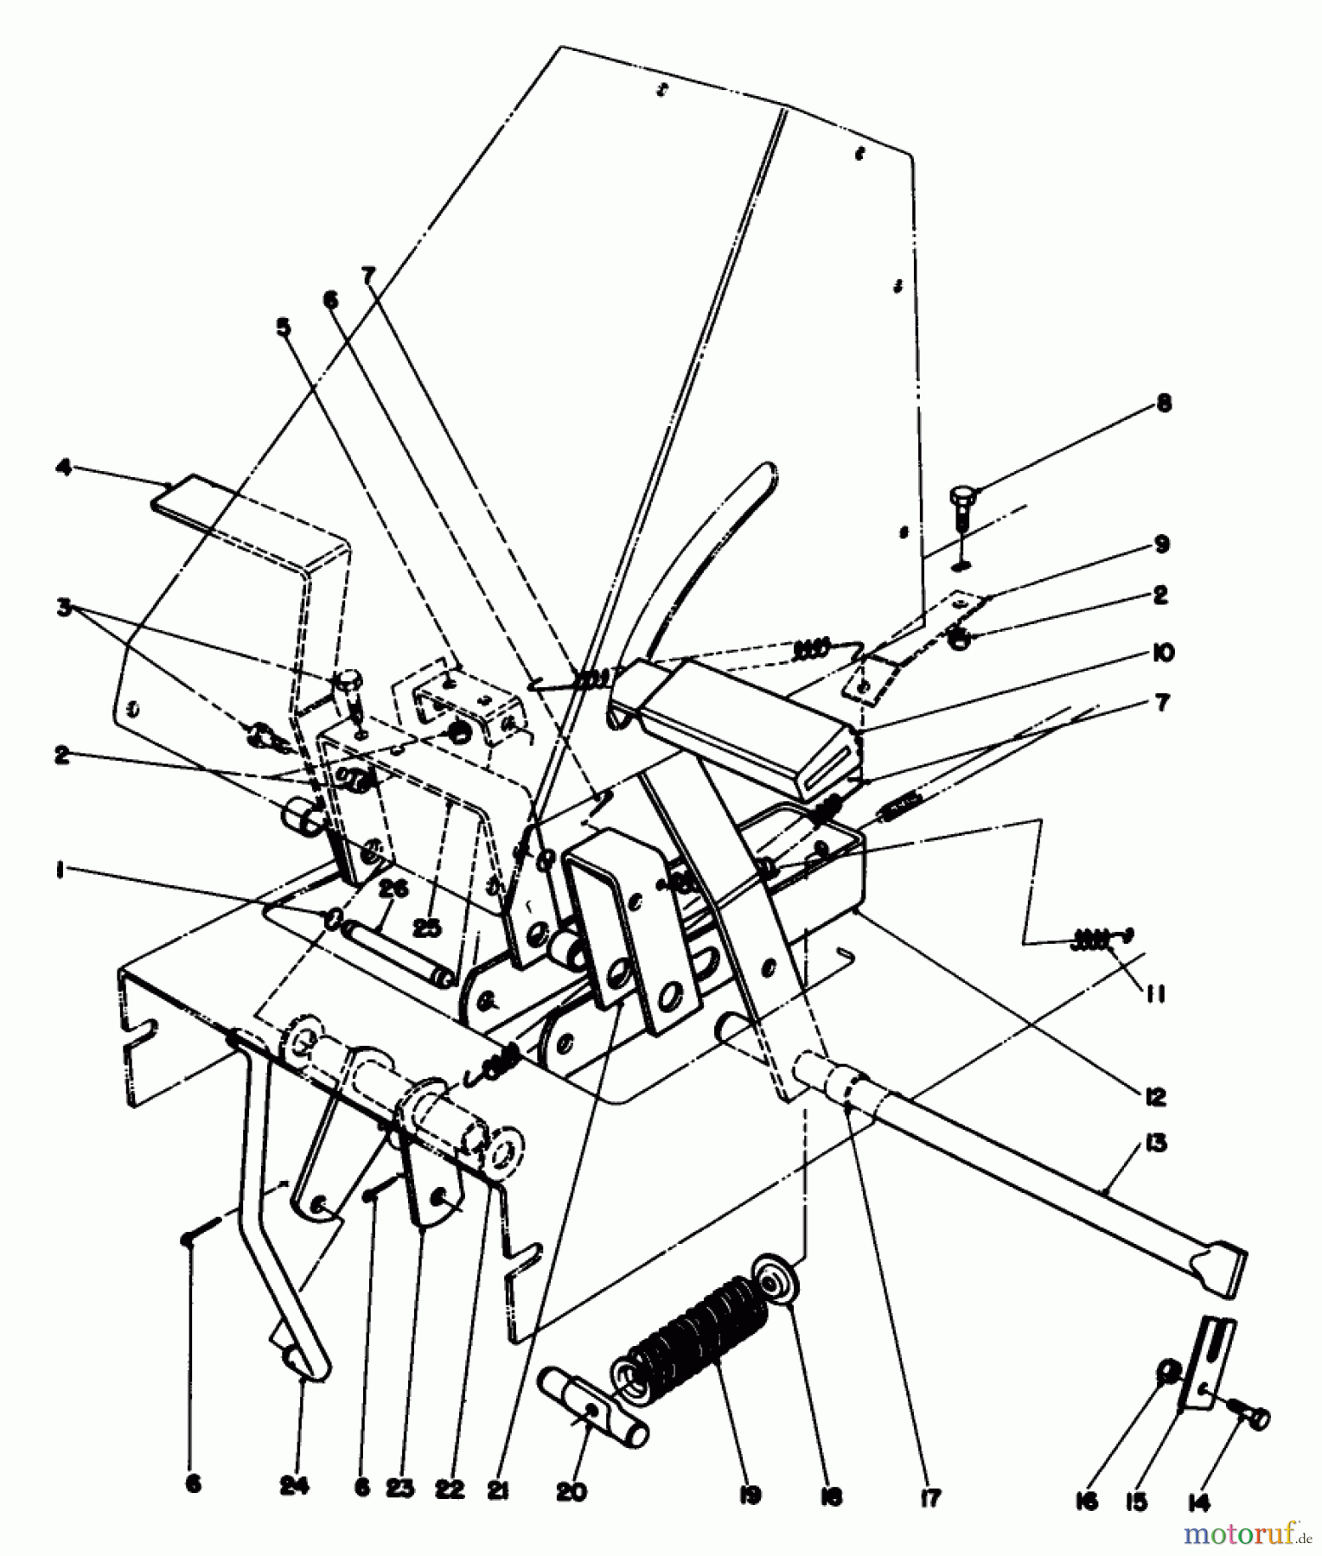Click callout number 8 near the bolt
point(1165,403)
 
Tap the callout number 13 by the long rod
point(1156,1144)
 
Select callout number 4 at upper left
point(62,468)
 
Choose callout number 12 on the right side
point(1156,1097)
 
